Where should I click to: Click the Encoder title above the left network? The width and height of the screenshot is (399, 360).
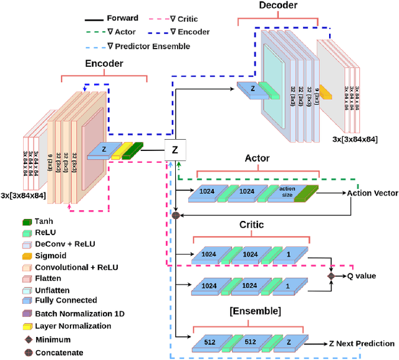click(103, 64)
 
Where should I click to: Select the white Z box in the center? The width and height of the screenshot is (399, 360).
click(175, 149)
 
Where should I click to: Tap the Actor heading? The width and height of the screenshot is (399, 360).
click(257, 159)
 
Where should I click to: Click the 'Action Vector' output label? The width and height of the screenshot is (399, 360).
click(372, 193)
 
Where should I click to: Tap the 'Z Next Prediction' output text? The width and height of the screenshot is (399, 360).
click(361, 343)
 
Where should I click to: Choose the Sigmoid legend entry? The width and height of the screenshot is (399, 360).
click(49, 255)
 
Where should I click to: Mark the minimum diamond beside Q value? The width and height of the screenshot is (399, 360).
click(332, 275)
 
